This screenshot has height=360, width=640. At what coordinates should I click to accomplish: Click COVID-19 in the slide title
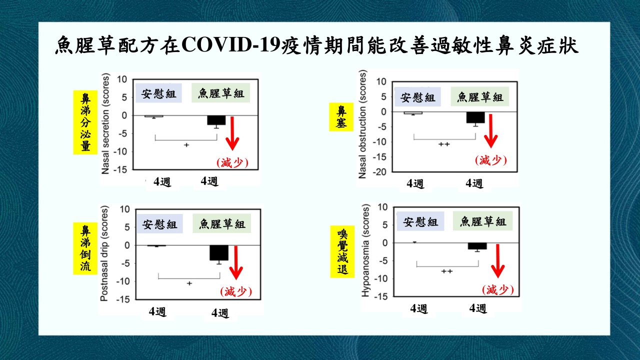coord(230,45)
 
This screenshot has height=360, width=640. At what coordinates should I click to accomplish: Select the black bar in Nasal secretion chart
coord(216,120)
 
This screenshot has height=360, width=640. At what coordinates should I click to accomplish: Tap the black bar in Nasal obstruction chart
coord(475,117)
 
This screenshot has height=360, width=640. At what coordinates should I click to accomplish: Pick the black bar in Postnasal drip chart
coord(219,252)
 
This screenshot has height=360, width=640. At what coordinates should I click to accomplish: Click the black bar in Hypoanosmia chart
coord(477,246)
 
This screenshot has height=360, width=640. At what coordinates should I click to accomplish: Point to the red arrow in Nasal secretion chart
coord(232,133)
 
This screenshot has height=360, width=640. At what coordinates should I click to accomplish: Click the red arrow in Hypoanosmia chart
coord(497,260)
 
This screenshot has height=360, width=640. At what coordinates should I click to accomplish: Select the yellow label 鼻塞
coord(341,117)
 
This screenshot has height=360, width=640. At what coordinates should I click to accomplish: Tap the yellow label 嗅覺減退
coord(342,251)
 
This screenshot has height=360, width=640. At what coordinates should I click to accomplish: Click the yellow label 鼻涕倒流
coord(85,248)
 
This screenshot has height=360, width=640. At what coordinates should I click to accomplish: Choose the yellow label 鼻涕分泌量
coord(85,122)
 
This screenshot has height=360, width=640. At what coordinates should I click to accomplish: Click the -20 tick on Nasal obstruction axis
coord(379,172)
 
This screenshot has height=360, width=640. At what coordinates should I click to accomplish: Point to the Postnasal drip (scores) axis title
coord(104,253)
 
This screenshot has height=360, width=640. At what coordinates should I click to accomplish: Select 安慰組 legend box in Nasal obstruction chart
coord(417,97)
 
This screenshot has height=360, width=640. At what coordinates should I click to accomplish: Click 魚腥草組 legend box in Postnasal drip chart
coord(221,223)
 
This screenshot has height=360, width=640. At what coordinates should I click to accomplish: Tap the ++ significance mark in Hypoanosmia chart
coord(447,271)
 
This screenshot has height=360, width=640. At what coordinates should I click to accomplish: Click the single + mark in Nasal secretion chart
coord(186,145)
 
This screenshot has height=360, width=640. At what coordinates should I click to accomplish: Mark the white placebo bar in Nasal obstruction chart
coord(413,113)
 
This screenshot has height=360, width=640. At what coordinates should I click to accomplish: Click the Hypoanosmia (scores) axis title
coord(365,250)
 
